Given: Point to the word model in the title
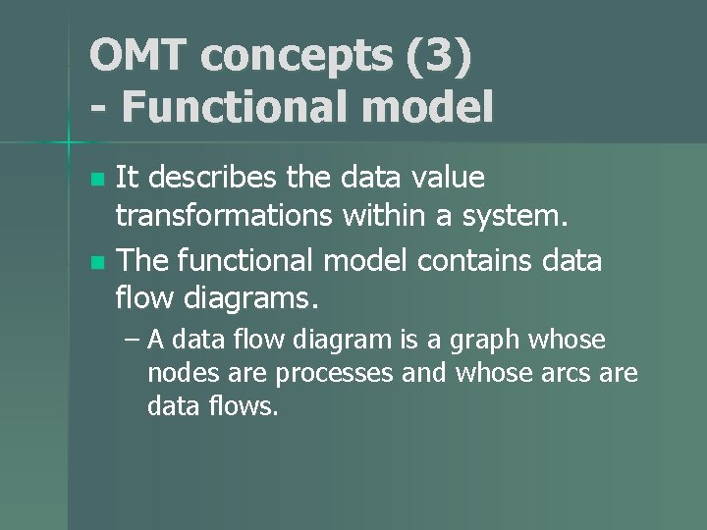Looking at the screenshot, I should tap(431, 107).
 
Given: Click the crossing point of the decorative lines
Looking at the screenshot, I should tap(68, 143).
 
